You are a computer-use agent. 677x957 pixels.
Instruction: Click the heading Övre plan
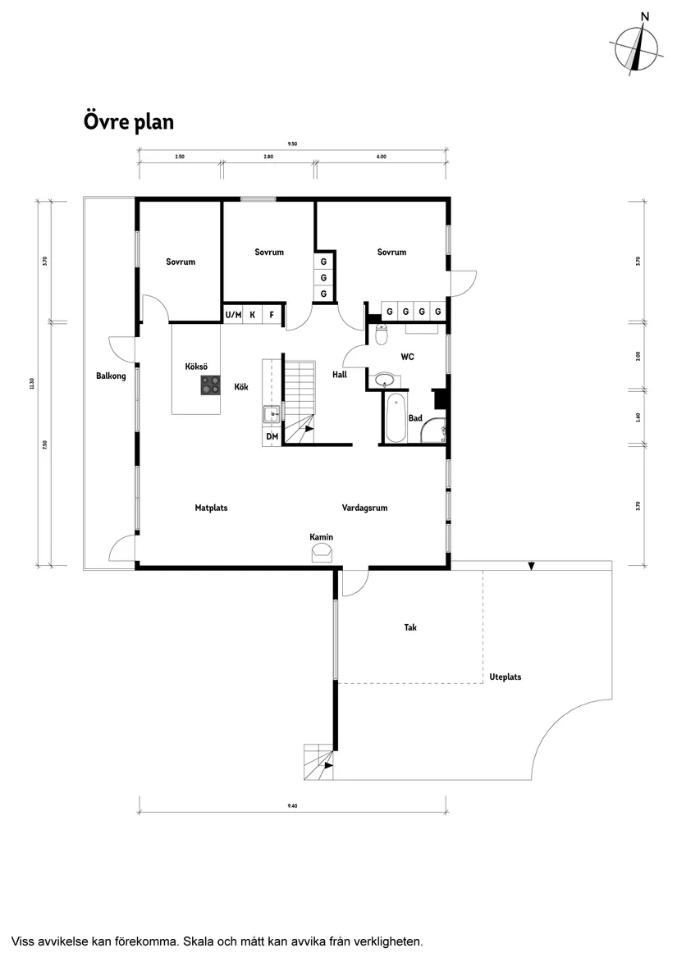tap(128, 122)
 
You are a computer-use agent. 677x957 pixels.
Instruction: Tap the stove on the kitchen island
tap(211, 385)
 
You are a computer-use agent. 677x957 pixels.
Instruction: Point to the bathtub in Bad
tap(395, 417)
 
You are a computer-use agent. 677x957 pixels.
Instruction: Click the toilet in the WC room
tap(381, 333)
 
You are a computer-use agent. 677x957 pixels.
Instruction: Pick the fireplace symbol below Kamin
tap(321, 555)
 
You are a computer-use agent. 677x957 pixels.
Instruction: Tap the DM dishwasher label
tap(272, 437)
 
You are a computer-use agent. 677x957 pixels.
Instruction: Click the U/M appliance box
tap(233, 314)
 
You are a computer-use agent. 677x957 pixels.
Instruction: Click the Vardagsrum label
tap(364, 508)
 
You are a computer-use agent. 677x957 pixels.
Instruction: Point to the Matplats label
tap(211, 508)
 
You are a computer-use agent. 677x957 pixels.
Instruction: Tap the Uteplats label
tap(505, 677)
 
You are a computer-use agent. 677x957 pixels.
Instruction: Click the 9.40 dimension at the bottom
tap(292, 806)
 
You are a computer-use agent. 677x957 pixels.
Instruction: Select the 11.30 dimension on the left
tap(32, 383)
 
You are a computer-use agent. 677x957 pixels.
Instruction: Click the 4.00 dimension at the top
tap(381, 156)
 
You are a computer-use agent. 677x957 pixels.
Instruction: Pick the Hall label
tap(340, 375)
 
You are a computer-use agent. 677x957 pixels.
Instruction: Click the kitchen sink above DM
tap(271, 414)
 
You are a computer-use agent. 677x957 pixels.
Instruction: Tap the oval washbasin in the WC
tap(383, 380)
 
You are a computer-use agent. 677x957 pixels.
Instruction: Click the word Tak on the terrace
tap(410, 627)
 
